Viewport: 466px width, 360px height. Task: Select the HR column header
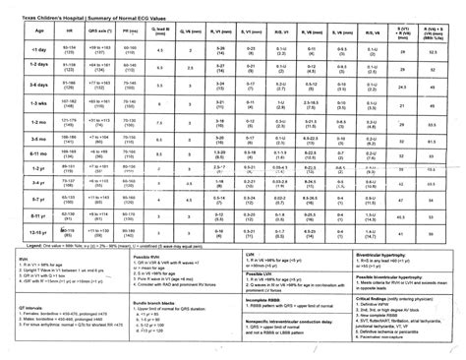(71, 32)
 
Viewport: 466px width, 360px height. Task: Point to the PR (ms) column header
(131, 32)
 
